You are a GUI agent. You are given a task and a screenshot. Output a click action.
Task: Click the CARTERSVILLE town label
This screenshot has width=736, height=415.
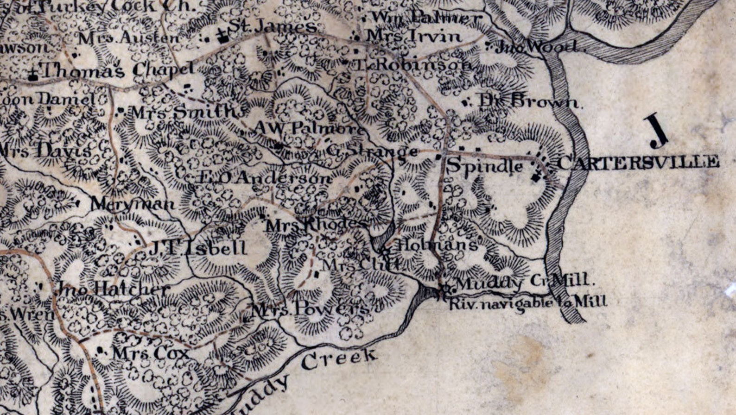click(638, 163)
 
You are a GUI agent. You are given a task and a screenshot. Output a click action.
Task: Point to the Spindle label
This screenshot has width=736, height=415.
click(484, 166)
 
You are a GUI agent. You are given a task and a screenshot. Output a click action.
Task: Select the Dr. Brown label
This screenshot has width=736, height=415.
click(528, 101)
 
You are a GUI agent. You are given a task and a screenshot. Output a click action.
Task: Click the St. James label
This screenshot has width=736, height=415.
click(273, 27)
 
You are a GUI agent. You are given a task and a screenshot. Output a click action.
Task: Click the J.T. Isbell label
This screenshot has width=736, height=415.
click(198, 249)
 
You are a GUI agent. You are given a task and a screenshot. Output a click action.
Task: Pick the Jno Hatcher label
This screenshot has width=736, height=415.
click(113, 289)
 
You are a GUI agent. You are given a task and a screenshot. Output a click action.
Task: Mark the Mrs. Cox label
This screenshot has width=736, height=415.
click(151, 353)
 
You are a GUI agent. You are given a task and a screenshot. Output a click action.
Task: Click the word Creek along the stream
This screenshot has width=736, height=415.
click(339, 359)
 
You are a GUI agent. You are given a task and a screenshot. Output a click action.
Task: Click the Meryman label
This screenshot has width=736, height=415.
click(133, 204)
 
